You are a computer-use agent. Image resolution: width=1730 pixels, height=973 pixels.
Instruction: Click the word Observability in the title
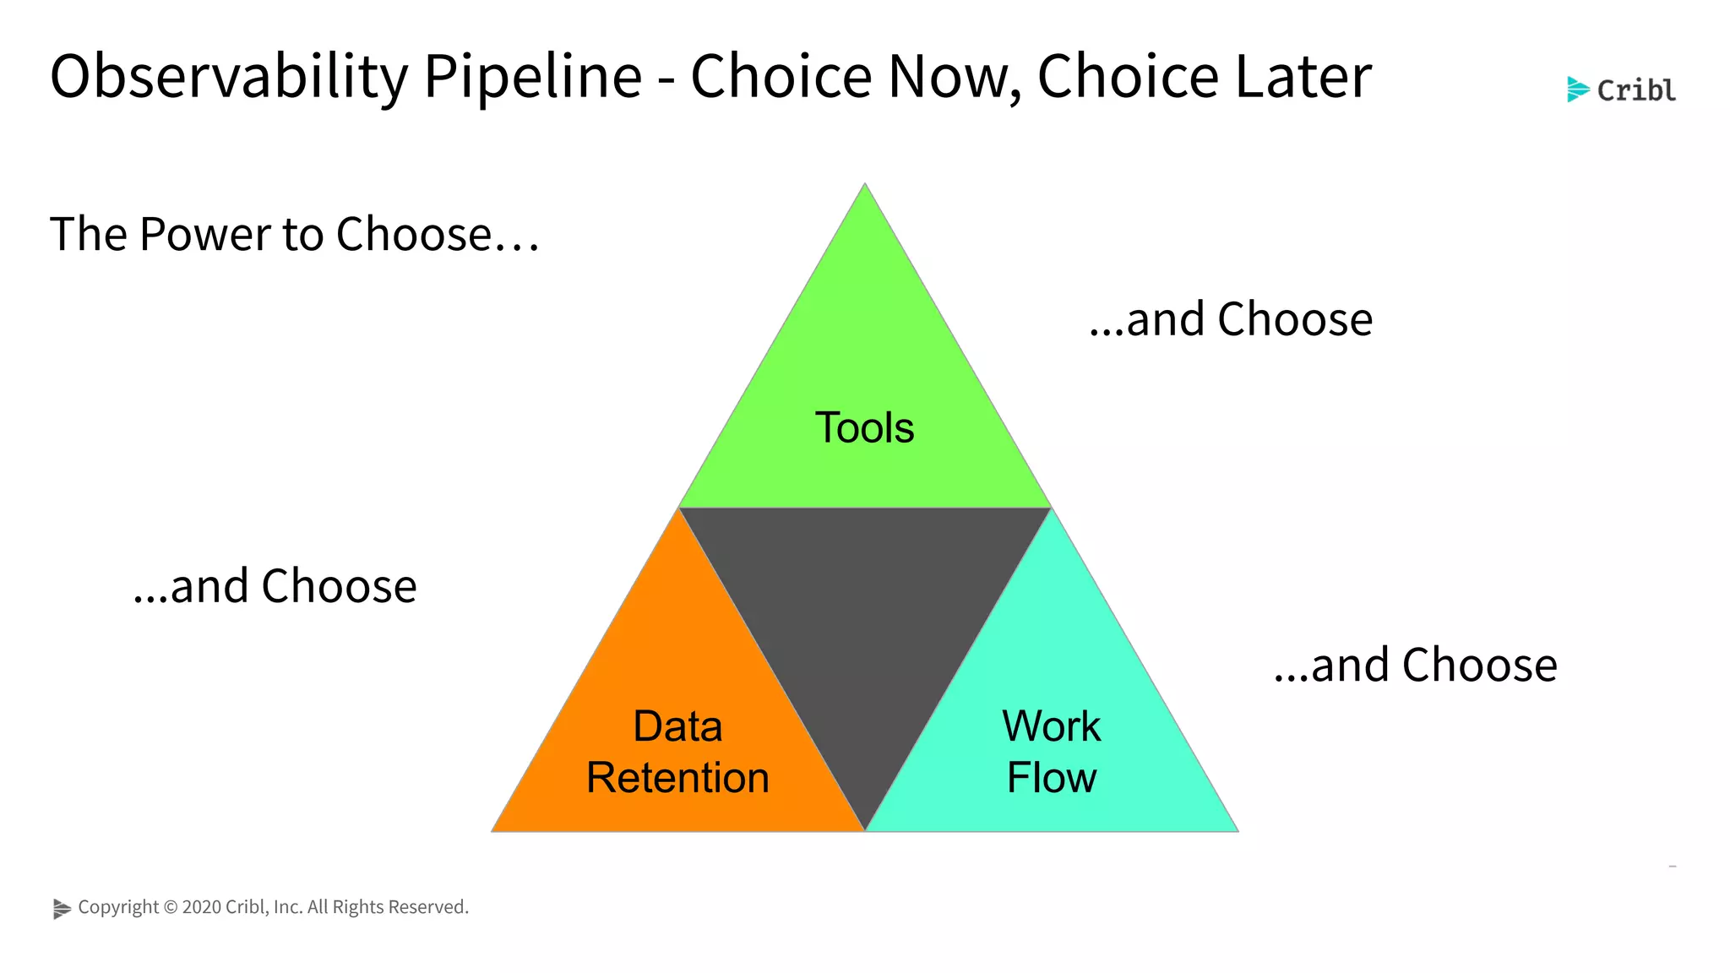228,77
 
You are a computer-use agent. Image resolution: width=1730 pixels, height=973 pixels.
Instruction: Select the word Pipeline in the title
532,77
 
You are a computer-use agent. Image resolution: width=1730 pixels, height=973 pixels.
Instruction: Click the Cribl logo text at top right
1636,90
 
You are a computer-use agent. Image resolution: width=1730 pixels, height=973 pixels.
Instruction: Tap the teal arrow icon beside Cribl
1577,90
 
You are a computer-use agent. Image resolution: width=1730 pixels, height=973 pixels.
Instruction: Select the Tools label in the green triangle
864,427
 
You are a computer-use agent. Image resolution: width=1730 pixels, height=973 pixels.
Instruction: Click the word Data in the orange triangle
677,726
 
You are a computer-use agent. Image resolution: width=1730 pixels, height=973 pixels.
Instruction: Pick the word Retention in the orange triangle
677,778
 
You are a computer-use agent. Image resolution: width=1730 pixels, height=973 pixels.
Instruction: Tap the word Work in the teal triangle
1051,726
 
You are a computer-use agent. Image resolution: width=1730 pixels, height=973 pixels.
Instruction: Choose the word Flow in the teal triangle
1051,778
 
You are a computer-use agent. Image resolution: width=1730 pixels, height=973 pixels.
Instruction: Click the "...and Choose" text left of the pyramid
275,586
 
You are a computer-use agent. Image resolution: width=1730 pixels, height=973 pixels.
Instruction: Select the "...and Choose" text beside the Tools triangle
1231,319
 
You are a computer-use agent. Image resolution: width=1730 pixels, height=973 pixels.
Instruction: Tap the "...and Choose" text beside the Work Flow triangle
1416,665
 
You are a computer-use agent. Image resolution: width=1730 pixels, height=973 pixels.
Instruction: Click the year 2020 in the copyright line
201,907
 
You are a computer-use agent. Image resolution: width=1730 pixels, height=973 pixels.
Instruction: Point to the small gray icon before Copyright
62,908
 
